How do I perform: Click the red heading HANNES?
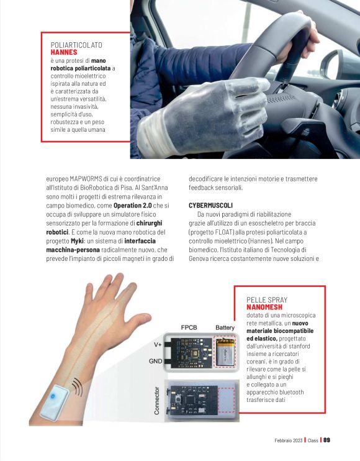pyautogui.click(x=64, y=53)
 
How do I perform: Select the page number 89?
pyautogui.click(x=326, y=440)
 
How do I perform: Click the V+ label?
pyautogui.click(x=158, y=344)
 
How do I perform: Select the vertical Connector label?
pyautogui.click(x=157, y=399)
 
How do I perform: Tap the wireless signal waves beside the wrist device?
pyautogui.click(x=78, y=388)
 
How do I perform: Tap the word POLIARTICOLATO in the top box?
pyautogui.click(x=76, y=45)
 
